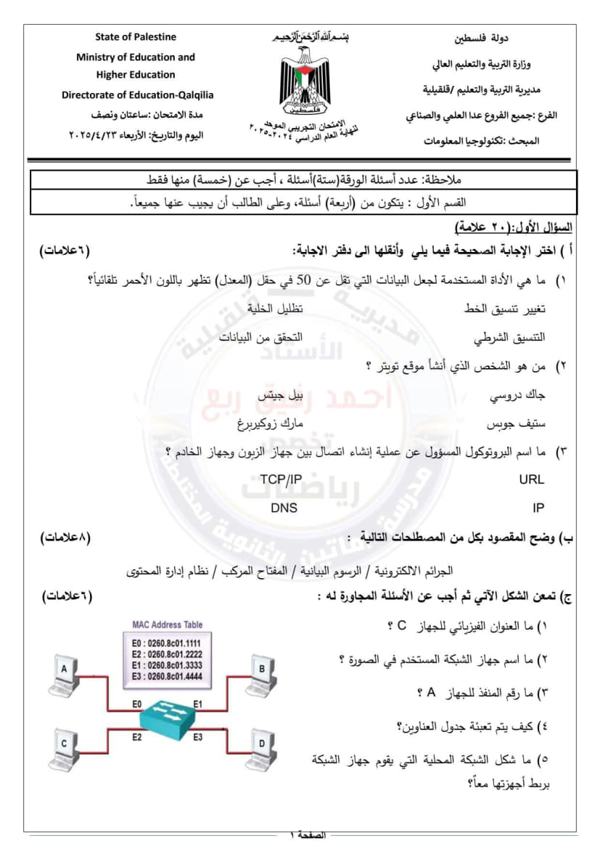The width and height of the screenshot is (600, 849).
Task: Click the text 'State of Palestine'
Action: [136, 37]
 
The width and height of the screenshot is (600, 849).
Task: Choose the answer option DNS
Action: [284, 508]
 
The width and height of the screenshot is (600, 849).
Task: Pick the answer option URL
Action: [531, 479]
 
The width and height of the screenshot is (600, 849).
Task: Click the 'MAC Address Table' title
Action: [167, 625]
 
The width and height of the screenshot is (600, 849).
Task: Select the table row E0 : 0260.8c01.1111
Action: [167, 643]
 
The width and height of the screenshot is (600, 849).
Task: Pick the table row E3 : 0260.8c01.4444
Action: [167, 676]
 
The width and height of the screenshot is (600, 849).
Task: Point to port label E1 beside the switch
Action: [198, 703]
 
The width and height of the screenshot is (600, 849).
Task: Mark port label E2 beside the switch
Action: [136, 737]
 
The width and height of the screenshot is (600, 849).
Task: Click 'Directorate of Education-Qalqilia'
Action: [137, 94]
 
